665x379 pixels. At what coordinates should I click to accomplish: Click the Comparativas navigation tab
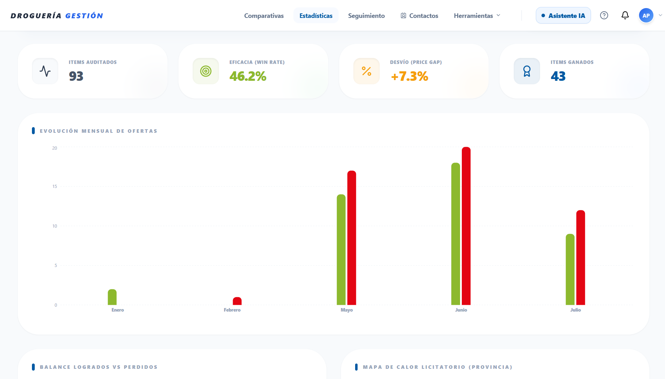tap(264, 15)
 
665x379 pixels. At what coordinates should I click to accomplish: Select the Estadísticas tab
tap(316, 15)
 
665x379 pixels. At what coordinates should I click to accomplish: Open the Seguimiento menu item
tap(366, 15)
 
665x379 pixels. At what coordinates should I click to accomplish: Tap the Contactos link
tap(419, 15)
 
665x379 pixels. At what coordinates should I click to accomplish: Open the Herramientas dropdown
tap(477, 15)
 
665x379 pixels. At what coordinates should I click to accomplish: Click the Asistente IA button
tap(563, 15)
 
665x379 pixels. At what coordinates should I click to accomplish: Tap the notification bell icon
tap(625, 15)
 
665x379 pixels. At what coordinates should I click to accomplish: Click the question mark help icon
tap(604, 15)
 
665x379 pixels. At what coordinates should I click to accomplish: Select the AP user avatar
tap(646, 15)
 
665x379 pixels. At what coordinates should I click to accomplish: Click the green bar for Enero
tap(112, 297)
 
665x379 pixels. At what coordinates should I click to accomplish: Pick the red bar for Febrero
tap(237, 301)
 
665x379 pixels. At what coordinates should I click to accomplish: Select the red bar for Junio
tap(466, 226)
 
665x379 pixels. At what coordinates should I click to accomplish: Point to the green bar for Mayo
tap(341, 249)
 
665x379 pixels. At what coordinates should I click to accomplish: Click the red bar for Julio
tap(581, 257)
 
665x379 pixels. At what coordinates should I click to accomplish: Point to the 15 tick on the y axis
tap(55, 187)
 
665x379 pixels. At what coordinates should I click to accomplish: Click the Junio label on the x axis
tap(461, 310)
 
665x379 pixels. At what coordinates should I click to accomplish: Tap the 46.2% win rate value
tap(248, 76)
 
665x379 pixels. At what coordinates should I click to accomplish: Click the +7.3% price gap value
tap(410, 76)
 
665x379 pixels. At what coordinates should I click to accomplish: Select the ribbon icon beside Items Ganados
tap(527, 71)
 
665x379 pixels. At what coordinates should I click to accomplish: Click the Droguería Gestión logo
tap(57, 16)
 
